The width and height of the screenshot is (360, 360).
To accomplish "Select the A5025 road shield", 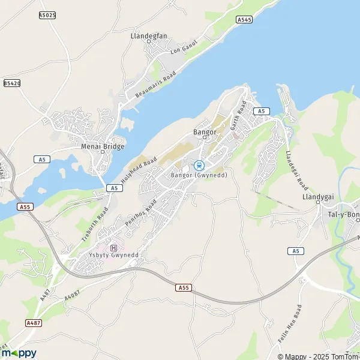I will [48, 14].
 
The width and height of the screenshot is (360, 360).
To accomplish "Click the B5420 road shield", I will [12, 83].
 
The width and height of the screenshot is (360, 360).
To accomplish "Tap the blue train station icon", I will [200, 165].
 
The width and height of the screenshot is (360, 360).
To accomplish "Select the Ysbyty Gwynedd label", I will [112, 254].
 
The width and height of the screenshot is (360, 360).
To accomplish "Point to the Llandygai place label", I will [316, 196].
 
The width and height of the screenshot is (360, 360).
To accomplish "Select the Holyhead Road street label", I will [139, 170].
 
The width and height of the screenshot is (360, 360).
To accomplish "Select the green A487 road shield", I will [34, 323].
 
